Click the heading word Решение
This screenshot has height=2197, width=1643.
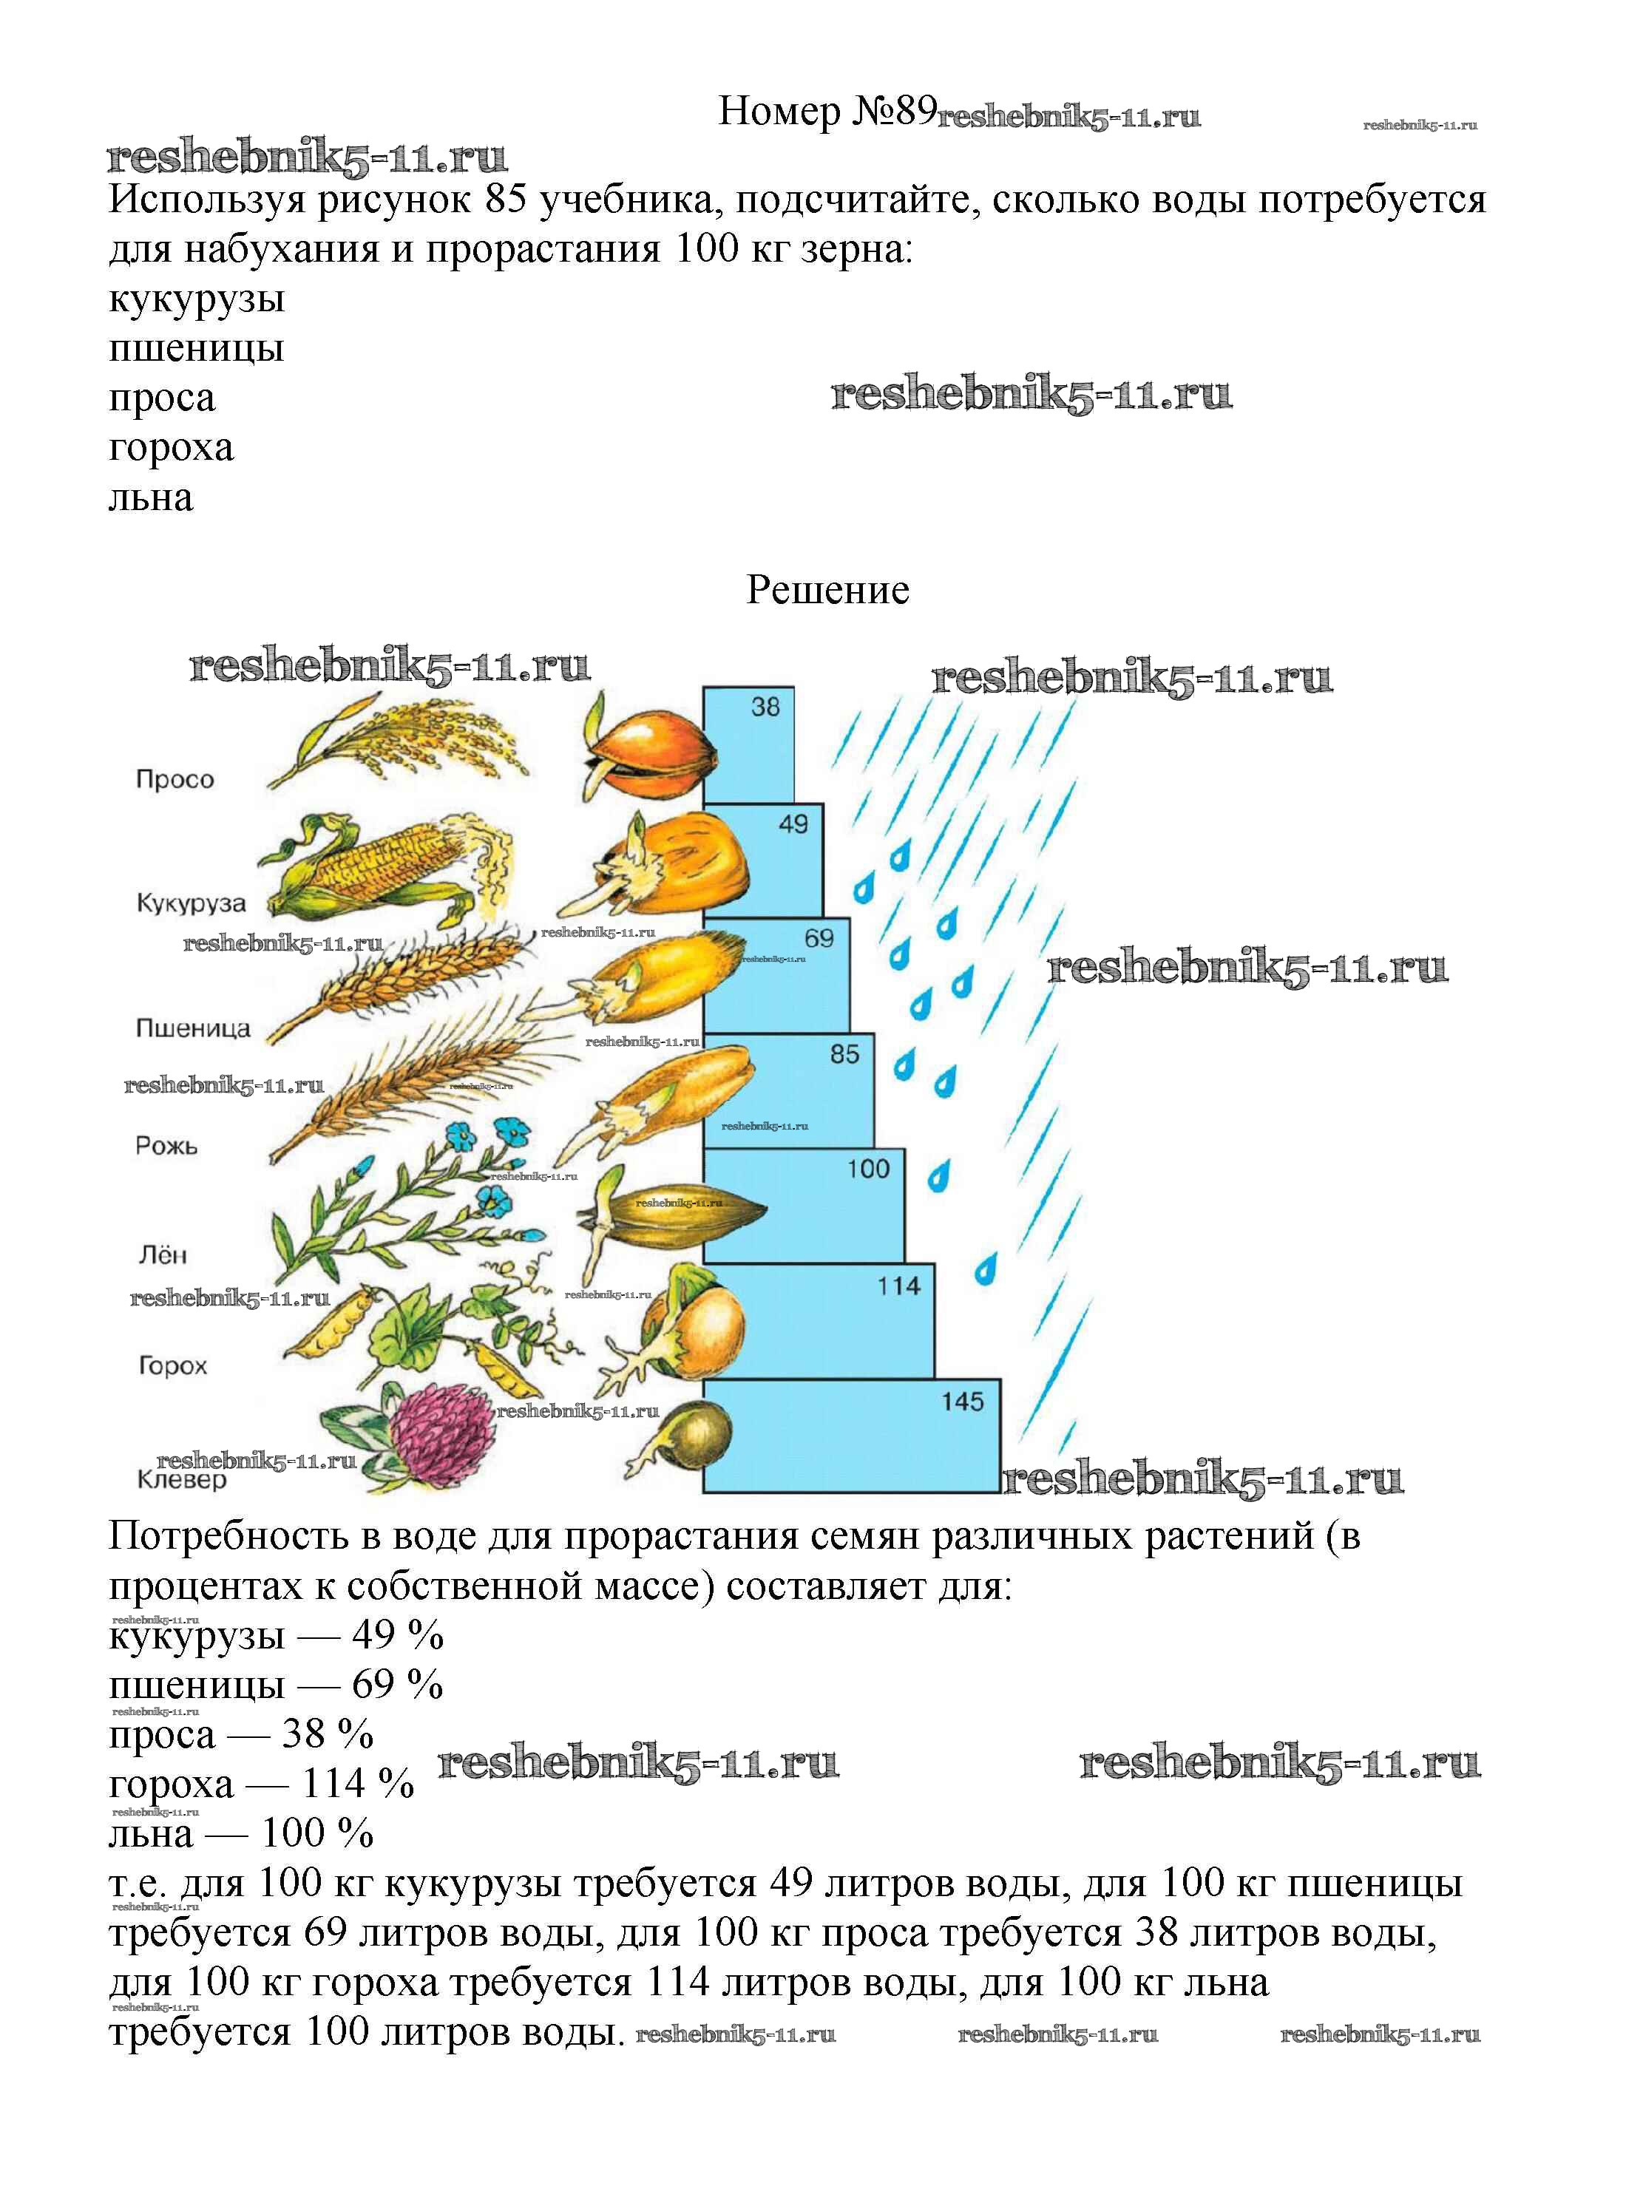point(827,590)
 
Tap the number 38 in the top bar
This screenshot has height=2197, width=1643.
point(765,707)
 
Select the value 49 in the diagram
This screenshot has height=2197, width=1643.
point(793,824)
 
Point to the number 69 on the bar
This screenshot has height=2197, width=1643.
point(819,939)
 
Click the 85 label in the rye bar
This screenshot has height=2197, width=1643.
point(844,1054)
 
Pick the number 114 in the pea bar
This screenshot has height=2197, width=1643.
point(898,1286)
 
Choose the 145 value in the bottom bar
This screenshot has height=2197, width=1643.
point(961,1402)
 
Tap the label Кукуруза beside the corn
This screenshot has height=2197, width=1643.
point(190,904)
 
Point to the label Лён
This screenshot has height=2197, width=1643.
point(162,1255)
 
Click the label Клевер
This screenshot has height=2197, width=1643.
point(182,1480)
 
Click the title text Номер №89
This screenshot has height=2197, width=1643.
point(827,111)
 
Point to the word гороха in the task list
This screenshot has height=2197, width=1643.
point(171,449)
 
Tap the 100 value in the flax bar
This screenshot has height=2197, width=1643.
point(868,1169)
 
